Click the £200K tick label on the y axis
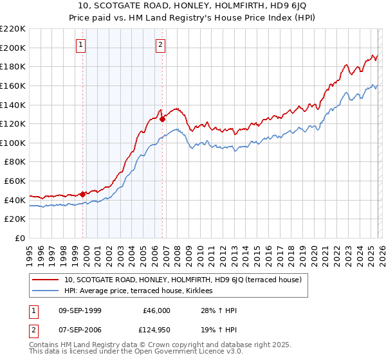click(x=13, y=48)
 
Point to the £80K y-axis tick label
click(x=15, y=162)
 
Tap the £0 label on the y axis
click(x=21, y=238)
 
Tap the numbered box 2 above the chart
click(x=160, y=45)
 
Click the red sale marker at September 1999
click(x=82, y=194)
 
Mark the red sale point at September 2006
click(x=162, y=118)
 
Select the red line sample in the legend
click(x=46, y=280)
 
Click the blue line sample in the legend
click(x=46, y=291)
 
